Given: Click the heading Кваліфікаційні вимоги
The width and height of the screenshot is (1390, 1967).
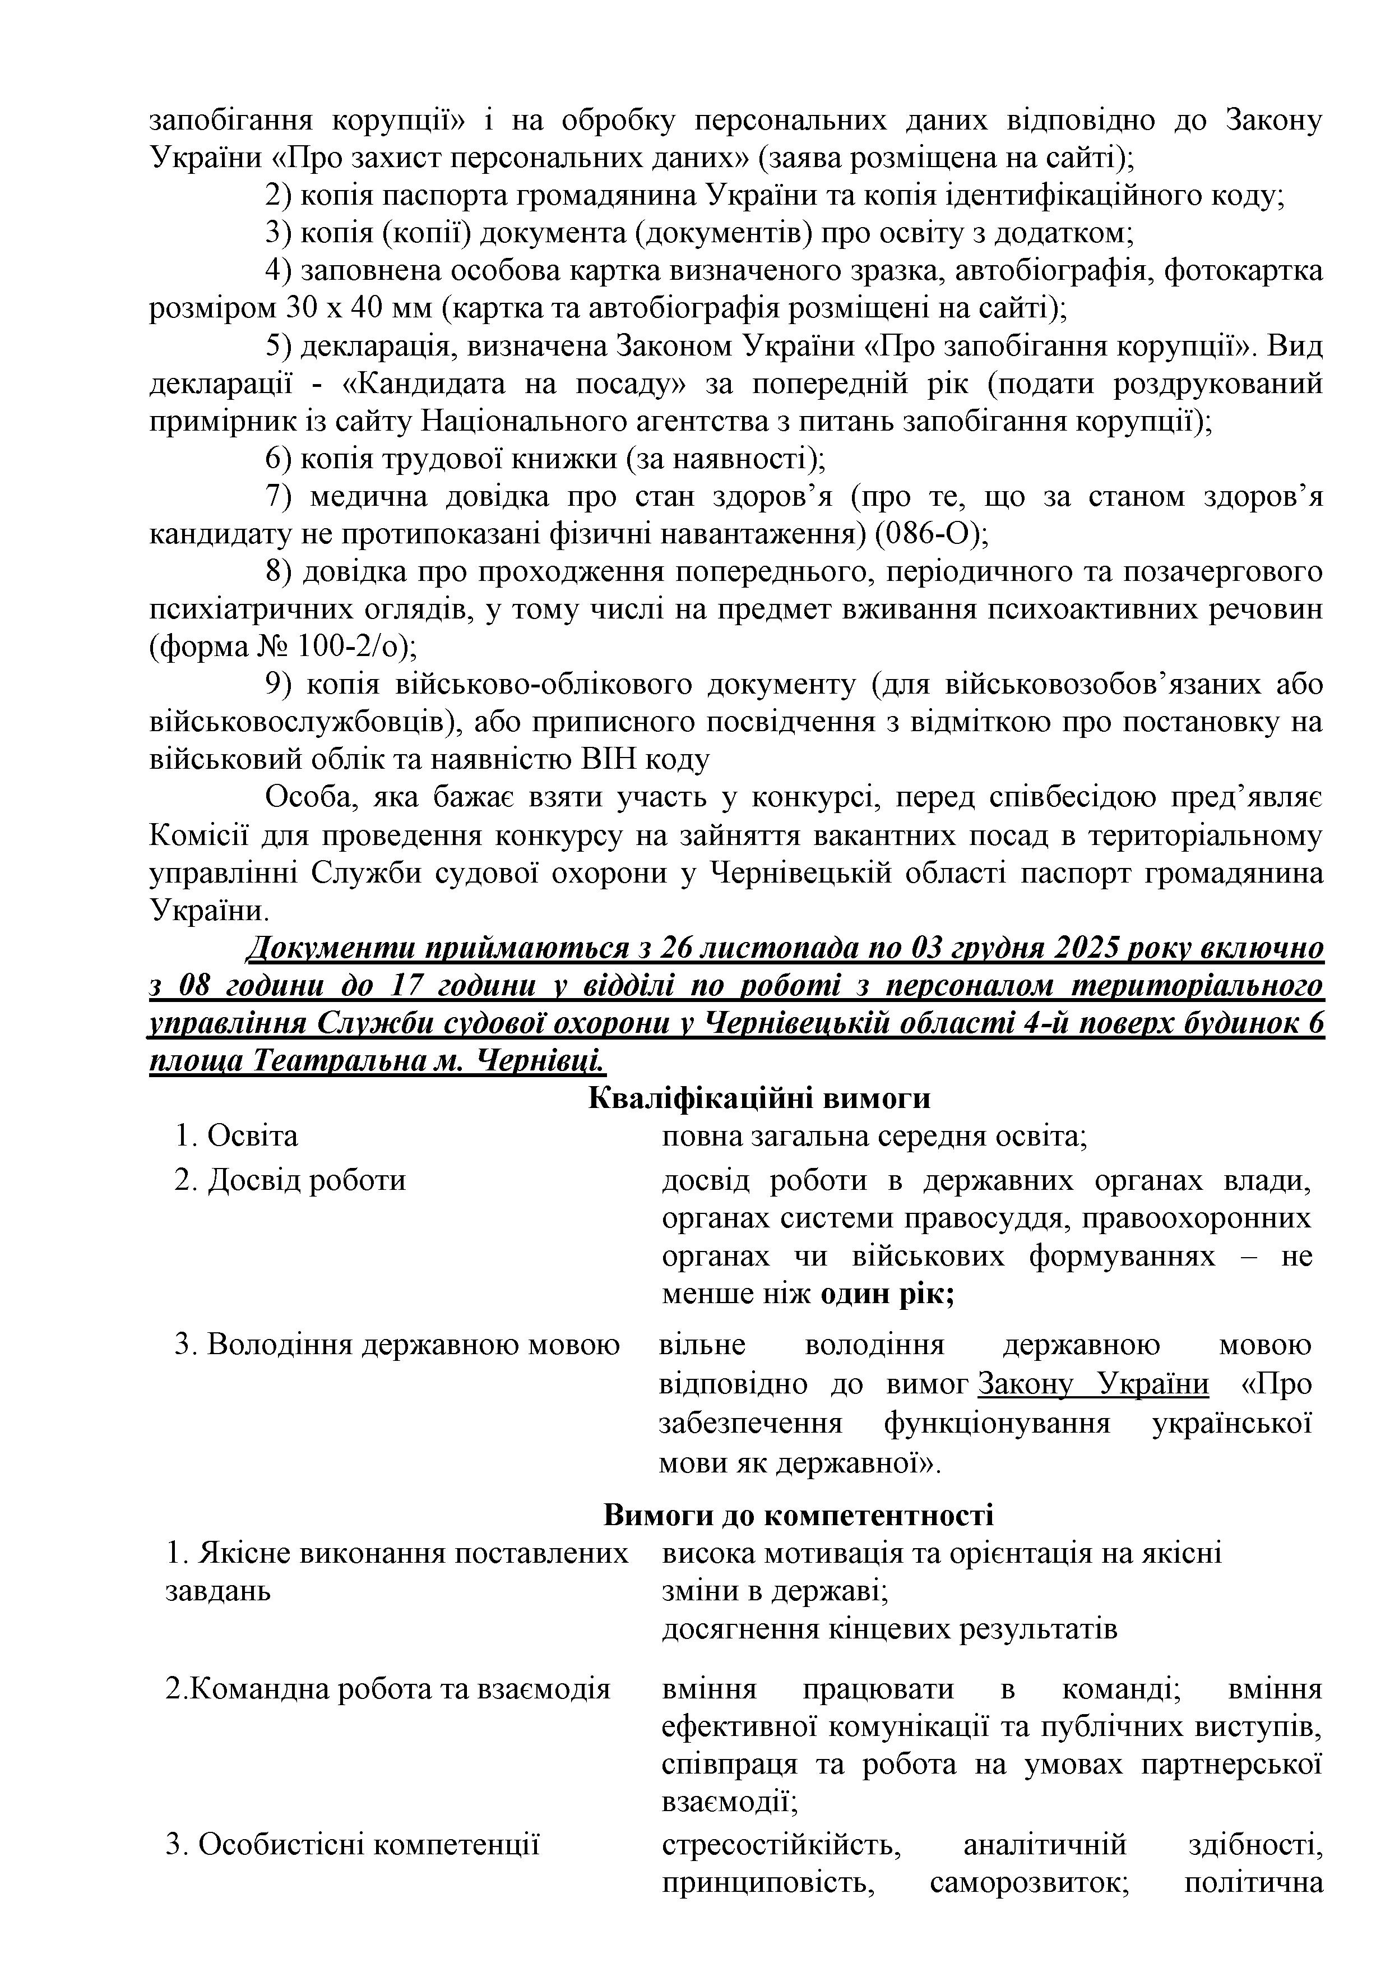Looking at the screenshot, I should [x=759, y=1098].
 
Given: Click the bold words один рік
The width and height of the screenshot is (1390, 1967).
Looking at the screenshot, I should [x=887, y=1294].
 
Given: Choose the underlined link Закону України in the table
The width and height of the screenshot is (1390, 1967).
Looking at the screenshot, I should [x=1093, y=1384].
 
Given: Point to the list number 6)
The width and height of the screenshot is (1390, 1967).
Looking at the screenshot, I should [x=279, y=459].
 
